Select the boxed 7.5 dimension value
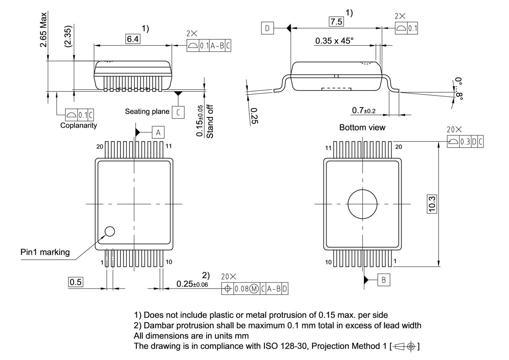336,22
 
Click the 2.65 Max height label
43,30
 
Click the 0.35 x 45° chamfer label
334,41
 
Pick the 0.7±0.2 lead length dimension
363,110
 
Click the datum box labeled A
158,132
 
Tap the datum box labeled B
383,280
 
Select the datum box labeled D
268,28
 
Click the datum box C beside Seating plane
178,112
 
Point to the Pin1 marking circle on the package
109,231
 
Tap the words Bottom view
362,128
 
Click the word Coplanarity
78,125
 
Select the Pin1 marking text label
45,252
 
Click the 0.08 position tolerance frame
254,289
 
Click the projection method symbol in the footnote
406,346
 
